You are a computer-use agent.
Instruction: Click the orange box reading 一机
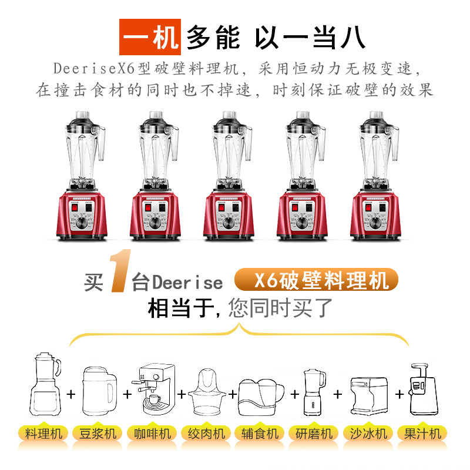[x=150, y=37]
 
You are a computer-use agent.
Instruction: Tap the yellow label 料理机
[x=43, y=434]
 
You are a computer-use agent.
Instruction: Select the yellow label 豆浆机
[x=98, y=434]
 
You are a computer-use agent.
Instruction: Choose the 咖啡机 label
[x=152, y=434]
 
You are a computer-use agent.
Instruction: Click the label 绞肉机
[x=206, y=434]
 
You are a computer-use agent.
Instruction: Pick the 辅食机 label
[x=260, y=434]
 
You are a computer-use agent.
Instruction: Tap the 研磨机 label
[x=314, y=434]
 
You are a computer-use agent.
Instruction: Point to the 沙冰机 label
[x=368, y=434]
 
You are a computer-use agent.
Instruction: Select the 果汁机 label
[x=422, y=434]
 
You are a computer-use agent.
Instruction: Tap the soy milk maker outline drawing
[x=99, y=391]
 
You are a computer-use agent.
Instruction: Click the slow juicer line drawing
[x=423, y=389]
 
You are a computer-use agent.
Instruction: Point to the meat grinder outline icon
[x=206, y=392]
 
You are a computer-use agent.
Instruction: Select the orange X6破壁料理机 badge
[x=316, y=280]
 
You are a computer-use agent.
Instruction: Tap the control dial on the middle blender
[x=229, y=223]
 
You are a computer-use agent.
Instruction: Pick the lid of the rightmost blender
[x=376, y=119]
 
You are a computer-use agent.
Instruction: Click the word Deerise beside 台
[x=187, y=283]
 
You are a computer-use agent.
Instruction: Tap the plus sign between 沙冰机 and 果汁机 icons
[x=399, y=394]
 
